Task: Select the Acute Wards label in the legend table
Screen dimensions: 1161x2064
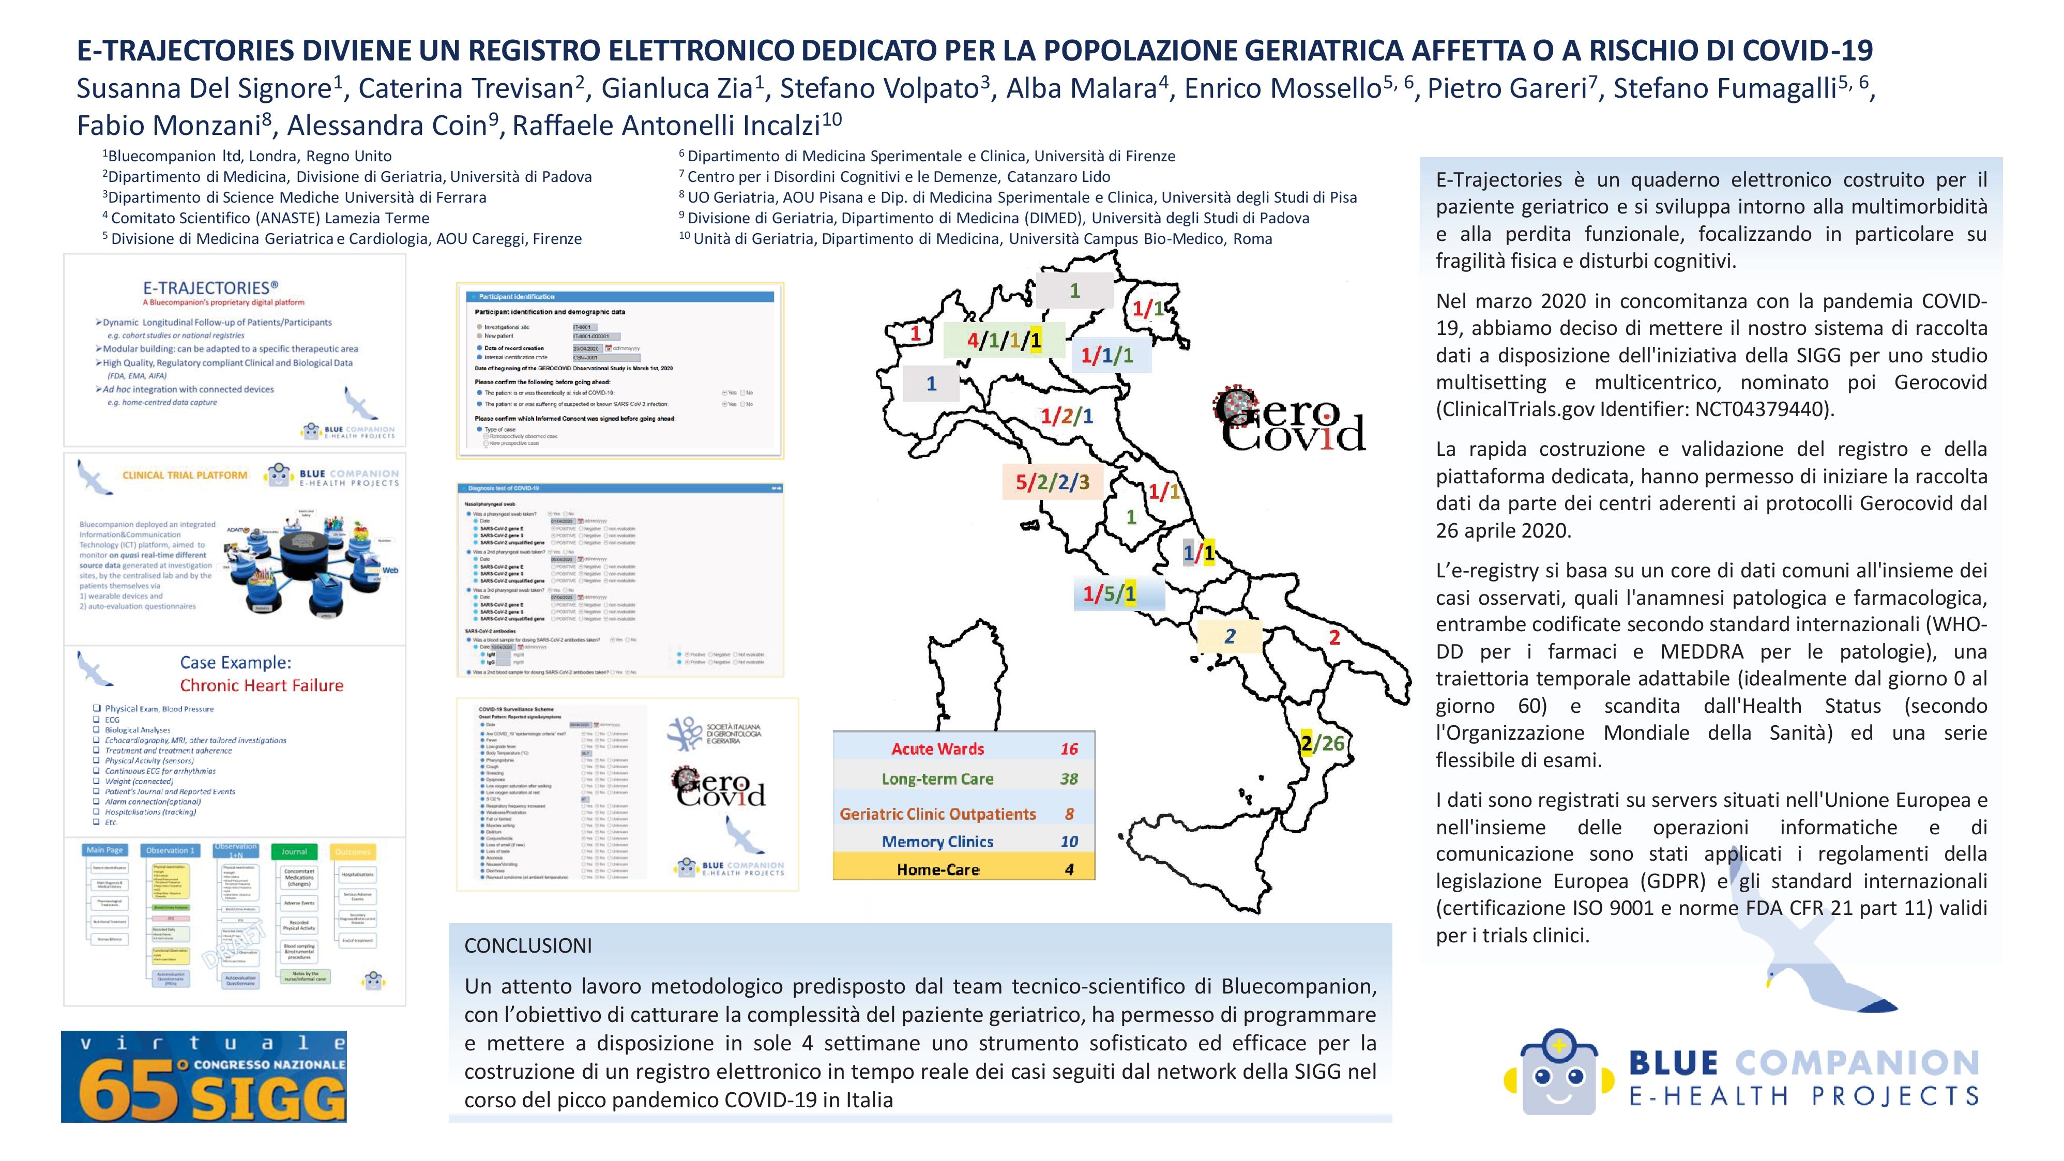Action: point(937,749)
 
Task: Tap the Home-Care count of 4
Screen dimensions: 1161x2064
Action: point(1069,869)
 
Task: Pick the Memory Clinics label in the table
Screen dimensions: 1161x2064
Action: point(937,842)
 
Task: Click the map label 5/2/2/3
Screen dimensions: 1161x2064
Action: point(1052,482)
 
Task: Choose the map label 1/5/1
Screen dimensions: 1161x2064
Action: point(1110,594)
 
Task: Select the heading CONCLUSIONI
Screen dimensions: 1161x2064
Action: point(528,945)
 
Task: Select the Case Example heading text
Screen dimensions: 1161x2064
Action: point(236,663)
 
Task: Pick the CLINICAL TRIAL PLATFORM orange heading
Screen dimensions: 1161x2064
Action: point(185,475)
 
